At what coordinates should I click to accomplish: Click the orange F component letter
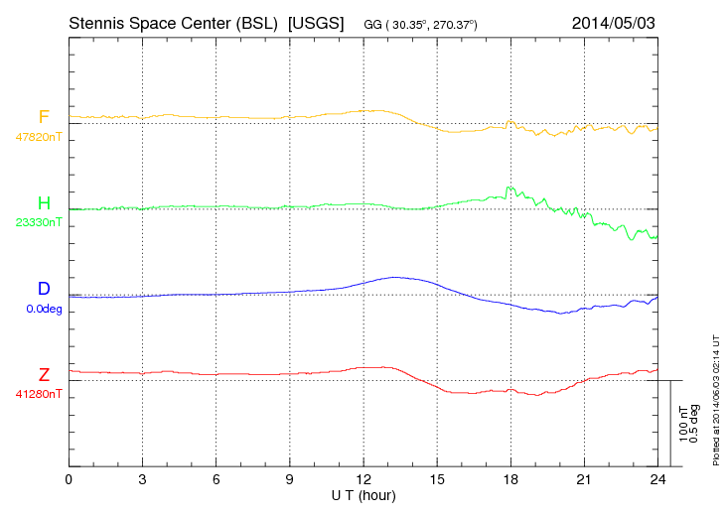tap(44, 117)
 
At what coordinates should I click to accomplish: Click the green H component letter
tap(44, 203)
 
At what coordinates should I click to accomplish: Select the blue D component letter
tap(44, 289)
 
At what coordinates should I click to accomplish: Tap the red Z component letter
tap(44, 375)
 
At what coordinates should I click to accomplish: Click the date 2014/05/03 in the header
tap(614, 22)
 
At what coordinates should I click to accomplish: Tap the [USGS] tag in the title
tap(315, 22)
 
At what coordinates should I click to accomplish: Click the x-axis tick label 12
tap(363, 480)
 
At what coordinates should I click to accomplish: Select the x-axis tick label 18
tap(510, 480)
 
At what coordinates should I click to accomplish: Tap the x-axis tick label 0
tap(69, 480)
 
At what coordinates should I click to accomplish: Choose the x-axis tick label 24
tap(657, 480)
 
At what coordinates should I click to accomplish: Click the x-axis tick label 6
tap(217, 480)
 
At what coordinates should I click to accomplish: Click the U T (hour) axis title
tap(363, 494)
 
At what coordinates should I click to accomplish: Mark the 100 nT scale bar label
tap(683, 423)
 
